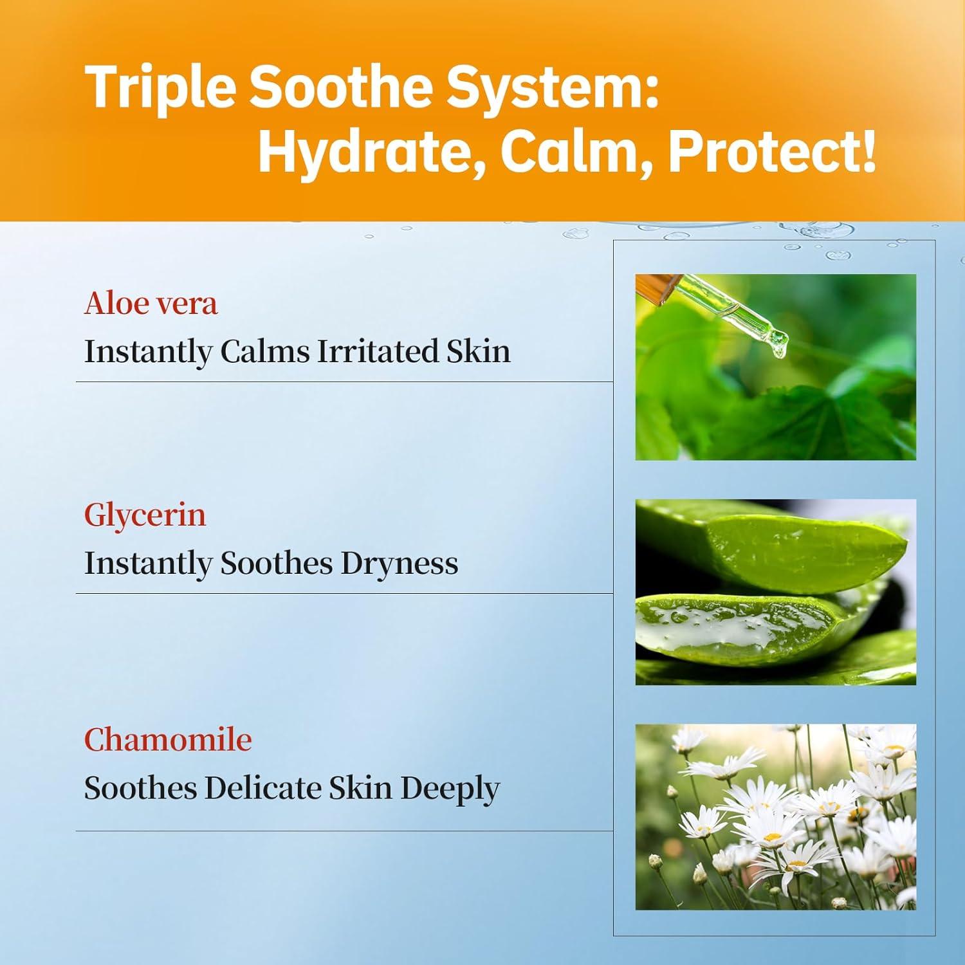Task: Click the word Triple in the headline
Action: [161, 88]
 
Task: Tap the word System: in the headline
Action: [553, 88]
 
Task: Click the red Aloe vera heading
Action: [151, 303]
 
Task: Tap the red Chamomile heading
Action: [168, 740]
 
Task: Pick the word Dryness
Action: [400, 564]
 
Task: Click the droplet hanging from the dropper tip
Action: [780, 347]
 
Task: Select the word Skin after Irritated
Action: [478, 351]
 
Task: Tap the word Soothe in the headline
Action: [342, 88]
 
